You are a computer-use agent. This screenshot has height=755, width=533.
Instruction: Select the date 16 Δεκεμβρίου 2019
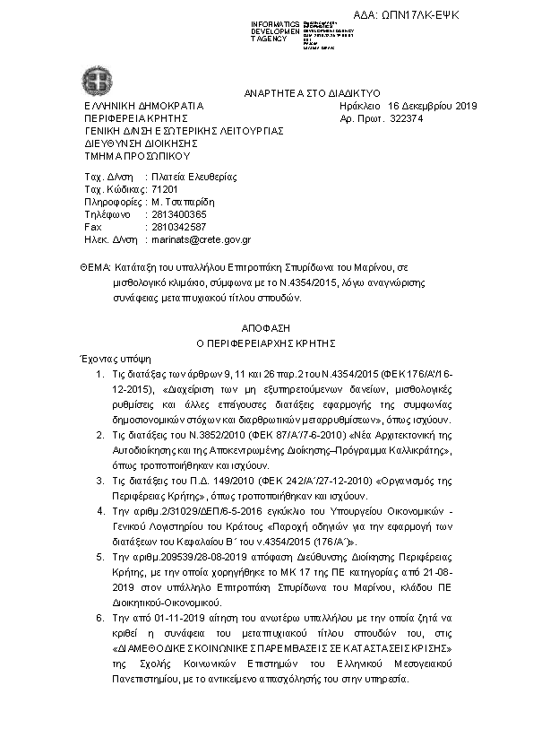(x=432, y=106)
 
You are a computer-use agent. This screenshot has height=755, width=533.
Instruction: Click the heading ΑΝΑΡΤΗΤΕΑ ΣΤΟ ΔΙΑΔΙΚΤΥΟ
(x=313, y=92)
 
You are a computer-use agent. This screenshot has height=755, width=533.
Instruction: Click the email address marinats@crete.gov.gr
(x=201, y=240)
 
